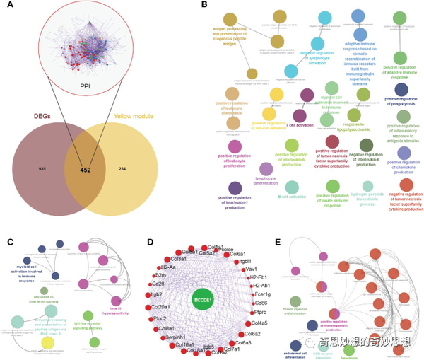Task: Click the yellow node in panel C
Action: [x=47, y=342]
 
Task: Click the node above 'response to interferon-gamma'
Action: [x=44, y=290]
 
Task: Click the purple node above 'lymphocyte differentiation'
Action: [x=266, y=168]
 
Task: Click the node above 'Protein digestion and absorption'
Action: [x=295, y=302]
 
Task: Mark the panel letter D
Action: [x=150, y=240]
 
